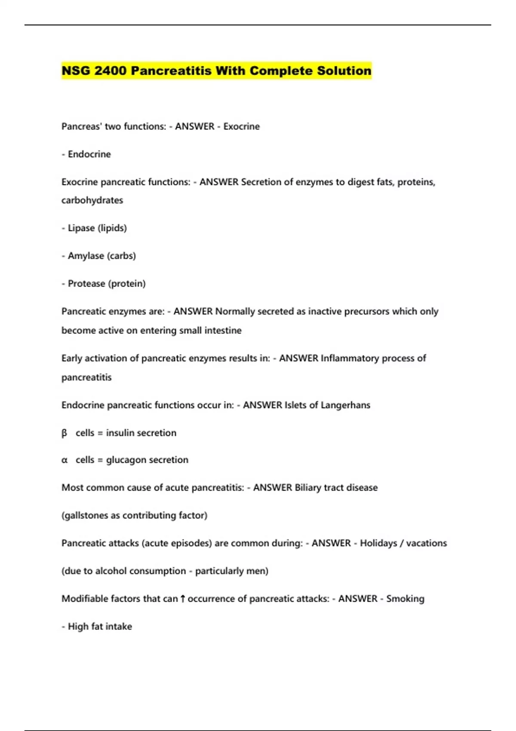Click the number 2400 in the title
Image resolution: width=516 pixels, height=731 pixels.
coord(110,71)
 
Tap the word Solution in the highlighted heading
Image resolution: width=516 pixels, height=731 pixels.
coord(344,71)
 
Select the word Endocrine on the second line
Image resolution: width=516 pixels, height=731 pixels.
coord(89,154)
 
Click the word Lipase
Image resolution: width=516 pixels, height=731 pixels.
coord(81,228)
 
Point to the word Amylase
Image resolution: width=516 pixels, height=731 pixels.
coord(86,256)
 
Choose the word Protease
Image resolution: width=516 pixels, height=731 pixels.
coord(86,283)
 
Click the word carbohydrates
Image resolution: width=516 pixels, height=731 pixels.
coord(92,200)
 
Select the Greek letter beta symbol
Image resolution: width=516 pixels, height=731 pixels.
coord(64,433)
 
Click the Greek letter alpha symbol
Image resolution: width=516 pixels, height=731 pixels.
coord(64,460)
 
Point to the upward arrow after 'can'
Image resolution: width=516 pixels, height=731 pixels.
coord(183,599)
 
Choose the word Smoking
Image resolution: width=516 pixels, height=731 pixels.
coord(405,599)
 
